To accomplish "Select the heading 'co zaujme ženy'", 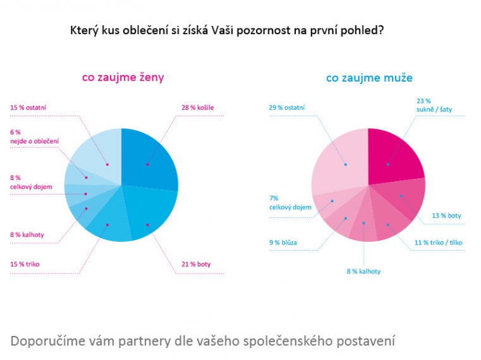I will point(123,78).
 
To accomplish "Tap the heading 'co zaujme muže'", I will point(369,78).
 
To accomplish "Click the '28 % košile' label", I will point(197,107).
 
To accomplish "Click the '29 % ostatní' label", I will point(286,107).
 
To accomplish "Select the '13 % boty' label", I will point(446,216).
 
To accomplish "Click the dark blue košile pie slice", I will point(148,158).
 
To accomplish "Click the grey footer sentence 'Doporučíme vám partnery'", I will point(203,341).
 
